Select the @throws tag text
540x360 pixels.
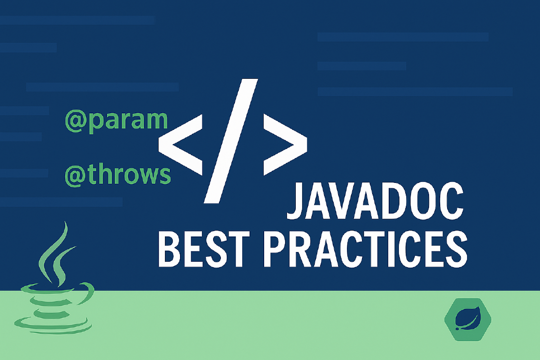[x=117, y=174]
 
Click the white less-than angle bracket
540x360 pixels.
[x=180, y=145]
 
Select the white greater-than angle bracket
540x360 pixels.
[x=285, y=145]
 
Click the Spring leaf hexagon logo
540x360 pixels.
[x=468, y=320]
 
